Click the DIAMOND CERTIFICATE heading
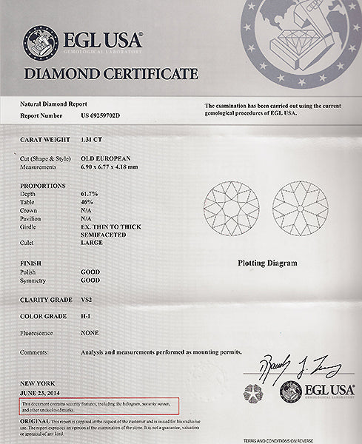tap(111, 74)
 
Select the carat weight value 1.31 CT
tap(92, 138)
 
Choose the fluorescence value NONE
tap(88, 333)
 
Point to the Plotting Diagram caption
tap(267, 263)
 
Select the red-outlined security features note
tap(99, 406)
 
